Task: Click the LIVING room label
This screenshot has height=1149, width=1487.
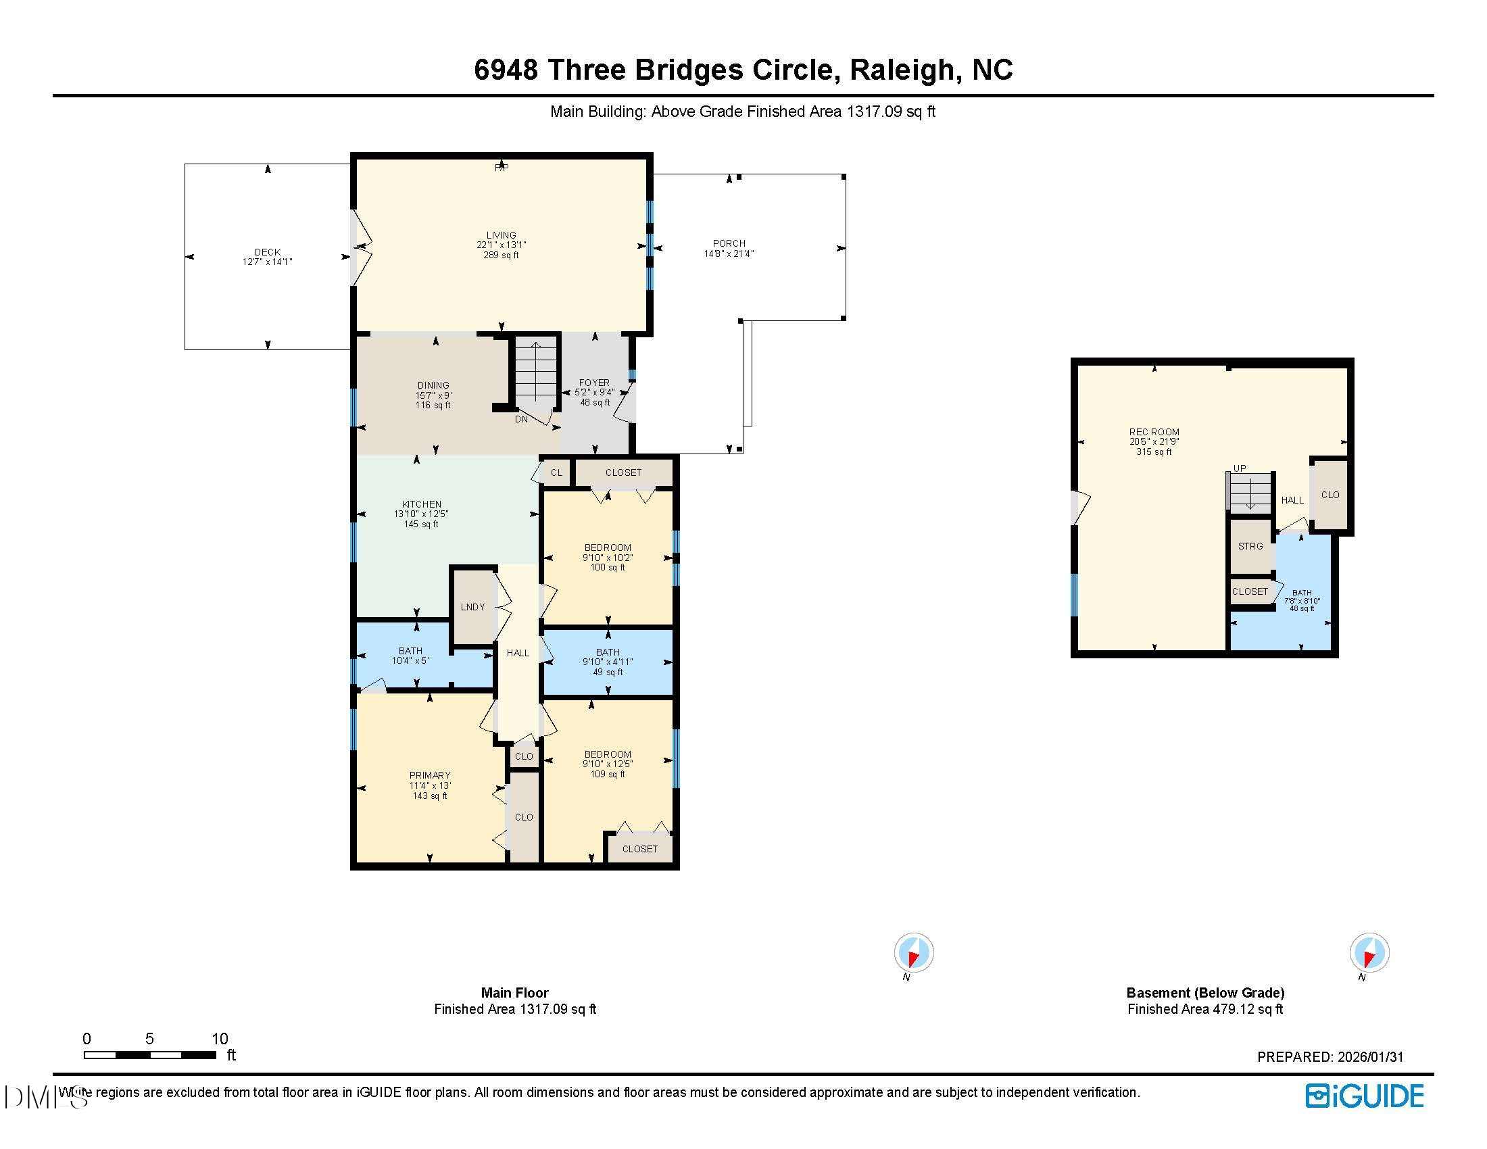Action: [x=501, y=235]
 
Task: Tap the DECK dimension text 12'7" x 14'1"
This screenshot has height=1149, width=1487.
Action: [x=267, y=262]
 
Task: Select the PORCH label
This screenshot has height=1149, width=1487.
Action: [x=729, y=243]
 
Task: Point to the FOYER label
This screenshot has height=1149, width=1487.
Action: [x=594, y=383]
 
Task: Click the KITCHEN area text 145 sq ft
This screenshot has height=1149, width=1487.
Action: [x=421, y=524]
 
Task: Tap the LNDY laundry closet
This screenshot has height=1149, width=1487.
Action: [x=472, y=607]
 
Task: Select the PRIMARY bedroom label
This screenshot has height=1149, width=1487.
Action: [x=430, y=775]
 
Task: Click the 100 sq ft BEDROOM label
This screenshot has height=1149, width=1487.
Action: [x=608, y=568]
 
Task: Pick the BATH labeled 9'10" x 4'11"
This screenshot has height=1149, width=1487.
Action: [x=608, y=662]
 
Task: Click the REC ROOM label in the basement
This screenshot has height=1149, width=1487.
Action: [x=1154, y=432]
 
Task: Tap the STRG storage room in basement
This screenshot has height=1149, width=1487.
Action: [x=1250, y=546]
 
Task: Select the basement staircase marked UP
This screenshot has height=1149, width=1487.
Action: [x=1250, y=491]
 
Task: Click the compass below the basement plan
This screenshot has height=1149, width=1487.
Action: [x=1369, y=952]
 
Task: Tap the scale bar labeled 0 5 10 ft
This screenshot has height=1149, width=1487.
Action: [x=150, y=1054]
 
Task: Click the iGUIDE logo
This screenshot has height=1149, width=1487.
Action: [x=1365, y=1096]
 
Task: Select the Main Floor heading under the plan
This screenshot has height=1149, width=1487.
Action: [x=514, y=992]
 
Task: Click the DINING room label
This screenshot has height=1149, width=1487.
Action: [x=433, y=385]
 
